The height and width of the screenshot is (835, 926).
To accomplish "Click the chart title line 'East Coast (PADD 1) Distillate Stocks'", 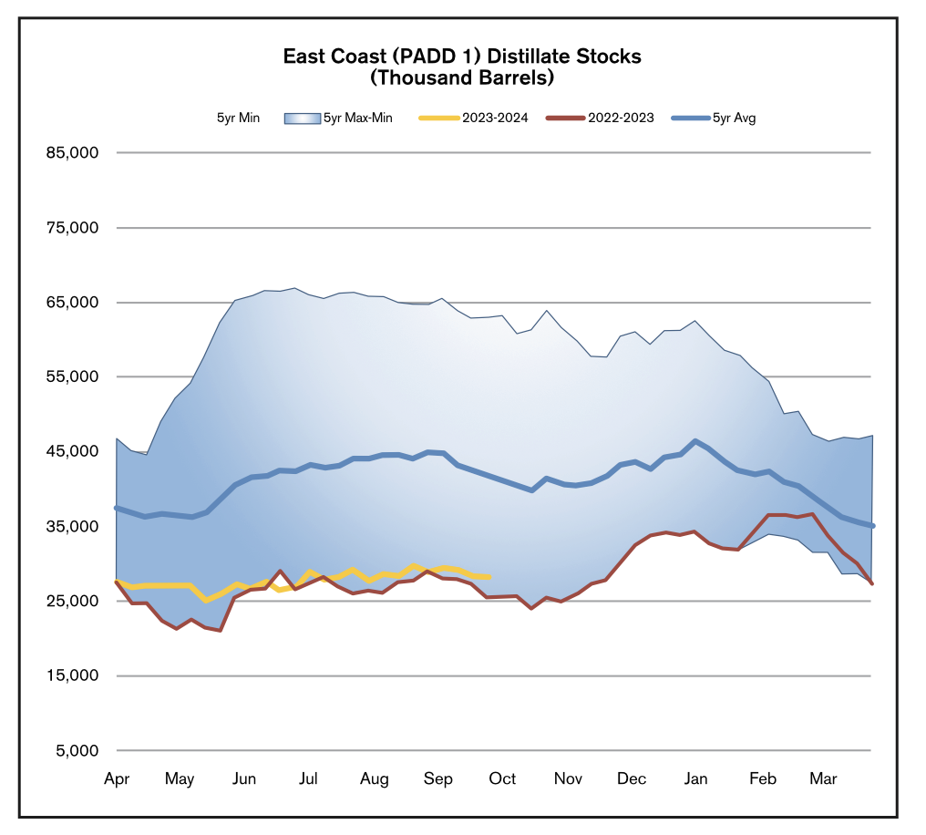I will coord(462,57).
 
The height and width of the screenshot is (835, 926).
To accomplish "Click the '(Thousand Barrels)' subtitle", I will coord(462,77).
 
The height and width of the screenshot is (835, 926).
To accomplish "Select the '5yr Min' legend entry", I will coord(238,118).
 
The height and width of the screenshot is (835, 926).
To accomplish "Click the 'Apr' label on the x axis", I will coord(116,778).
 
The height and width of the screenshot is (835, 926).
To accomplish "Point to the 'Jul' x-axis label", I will coord(308,778).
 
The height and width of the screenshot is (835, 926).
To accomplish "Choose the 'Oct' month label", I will coord(502,778).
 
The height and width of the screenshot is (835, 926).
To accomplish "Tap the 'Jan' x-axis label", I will coord(695,778).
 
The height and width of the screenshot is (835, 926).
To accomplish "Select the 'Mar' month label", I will coord(823,778).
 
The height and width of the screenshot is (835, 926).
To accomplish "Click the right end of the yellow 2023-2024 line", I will coord(489,576).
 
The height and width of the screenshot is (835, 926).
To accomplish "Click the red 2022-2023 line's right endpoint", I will coord(872,583).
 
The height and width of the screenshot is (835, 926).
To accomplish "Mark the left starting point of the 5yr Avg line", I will coord(116,508).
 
